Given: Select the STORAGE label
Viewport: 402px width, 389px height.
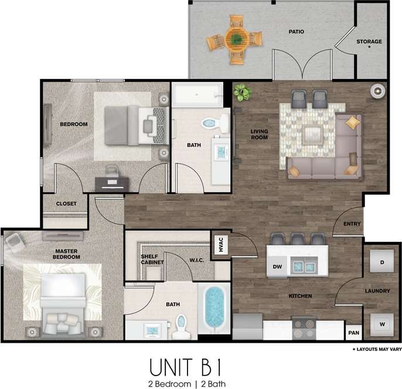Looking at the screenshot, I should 369,42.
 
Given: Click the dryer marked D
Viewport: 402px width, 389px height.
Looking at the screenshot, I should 381,262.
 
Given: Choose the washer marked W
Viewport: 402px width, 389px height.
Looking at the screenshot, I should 381,324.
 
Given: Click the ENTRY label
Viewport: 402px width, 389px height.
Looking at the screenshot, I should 352,223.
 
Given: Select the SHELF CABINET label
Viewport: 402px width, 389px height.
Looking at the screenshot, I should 152,260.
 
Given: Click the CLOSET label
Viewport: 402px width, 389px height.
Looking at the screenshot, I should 66,203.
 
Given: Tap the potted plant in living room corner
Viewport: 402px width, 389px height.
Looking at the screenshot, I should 241,92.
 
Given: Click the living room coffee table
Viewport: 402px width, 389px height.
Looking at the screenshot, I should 309,132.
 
